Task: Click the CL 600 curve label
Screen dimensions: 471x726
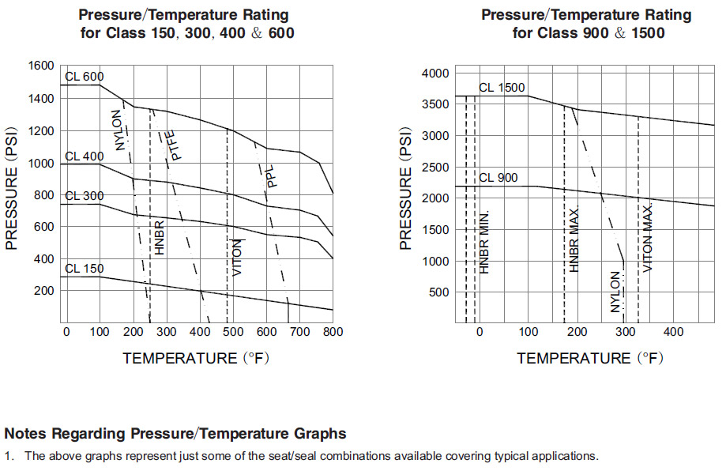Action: (x=84, y=76)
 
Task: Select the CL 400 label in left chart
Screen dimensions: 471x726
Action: (x=84, y=156)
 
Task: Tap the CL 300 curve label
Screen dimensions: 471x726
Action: (x=84, y=196)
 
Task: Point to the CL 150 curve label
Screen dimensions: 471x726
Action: (x=84, y=269)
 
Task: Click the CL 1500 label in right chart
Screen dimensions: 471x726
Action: (x=502, y=88)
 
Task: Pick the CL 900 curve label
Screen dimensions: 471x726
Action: (x=498, y=178)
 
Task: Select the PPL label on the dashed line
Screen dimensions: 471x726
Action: (x=270, y=175)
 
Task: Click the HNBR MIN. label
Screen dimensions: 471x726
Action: (x=485, y=242)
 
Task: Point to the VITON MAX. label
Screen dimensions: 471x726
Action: (x=648, y=238)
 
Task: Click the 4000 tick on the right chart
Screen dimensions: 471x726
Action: (x=434, y=73)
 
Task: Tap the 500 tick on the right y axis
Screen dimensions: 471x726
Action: (x=438, y=292)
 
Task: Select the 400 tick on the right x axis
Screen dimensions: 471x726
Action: (x=674, y=331)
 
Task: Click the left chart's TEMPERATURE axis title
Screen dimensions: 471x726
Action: (x=196, y=358)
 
